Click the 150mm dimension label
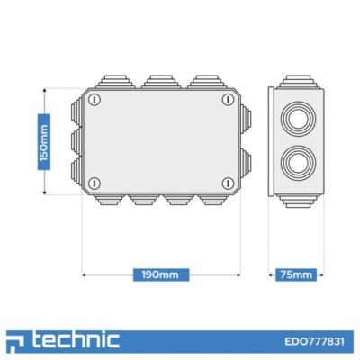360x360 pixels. tap(44, 142)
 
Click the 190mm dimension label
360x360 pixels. tap(161, 274)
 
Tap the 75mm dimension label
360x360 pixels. tap(296, 274)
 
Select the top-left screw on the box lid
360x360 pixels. tap(94, 100)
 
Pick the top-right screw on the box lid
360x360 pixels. tap(228, 100)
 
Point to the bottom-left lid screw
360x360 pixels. tap(94, 183)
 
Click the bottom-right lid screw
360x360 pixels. tap(228, 183)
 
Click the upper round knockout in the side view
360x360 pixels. tap(298, 119)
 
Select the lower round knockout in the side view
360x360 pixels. tap(298, 163)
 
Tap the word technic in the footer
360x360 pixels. tap(76, 340)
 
